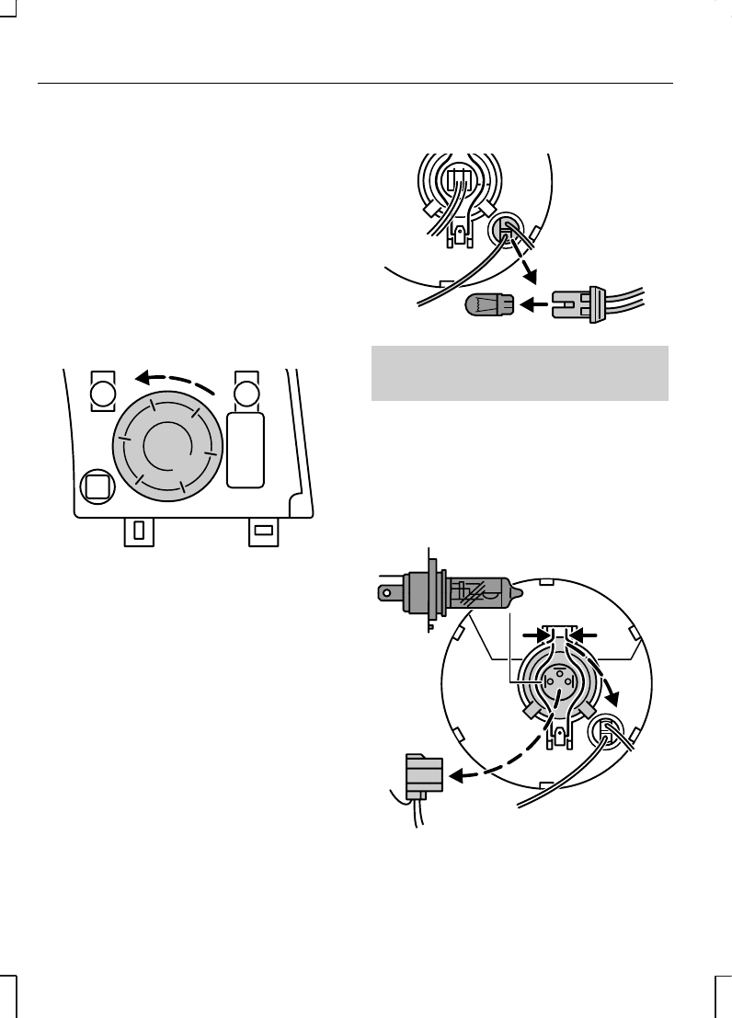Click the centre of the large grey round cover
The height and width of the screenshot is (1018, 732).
[x=166, y=443]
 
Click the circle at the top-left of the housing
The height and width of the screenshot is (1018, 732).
[x=101, y=394]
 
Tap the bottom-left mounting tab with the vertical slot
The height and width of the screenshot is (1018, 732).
[x=138, y=531]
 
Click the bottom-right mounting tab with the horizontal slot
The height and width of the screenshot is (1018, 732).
[x=263, y=531]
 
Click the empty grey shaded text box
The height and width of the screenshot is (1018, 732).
[x=519, y=373]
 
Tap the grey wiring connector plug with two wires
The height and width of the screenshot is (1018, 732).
[x=423, y=774]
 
